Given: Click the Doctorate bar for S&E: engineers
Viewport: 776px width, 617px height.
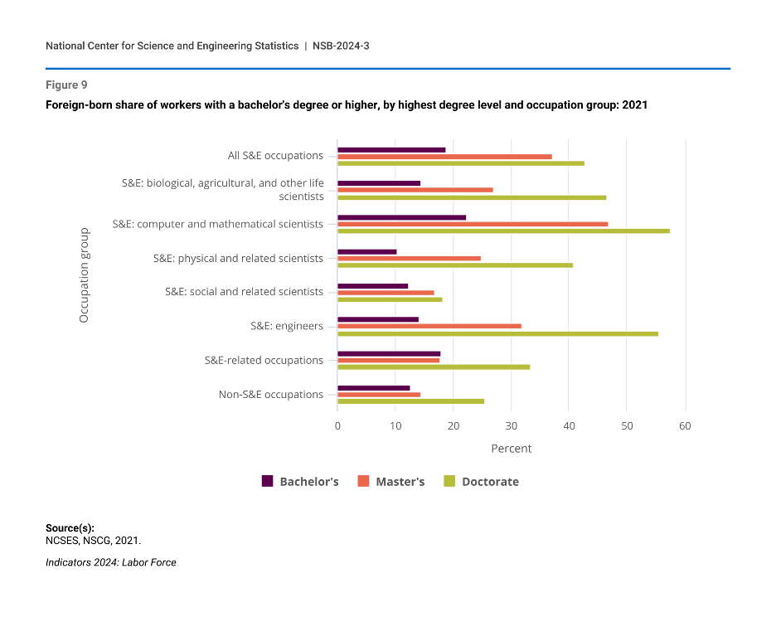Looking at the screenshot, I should tap(497, 333).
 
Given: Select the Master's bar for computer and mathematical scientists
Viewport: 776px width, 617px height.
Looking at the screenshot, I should tap(473, 224).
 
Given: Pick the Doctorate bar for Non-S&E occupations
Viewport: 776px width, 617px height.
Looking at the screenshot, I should tap(410, 401).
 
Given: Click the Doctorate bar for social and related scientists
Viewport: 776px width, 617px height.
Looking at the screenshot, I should tap(390, 299).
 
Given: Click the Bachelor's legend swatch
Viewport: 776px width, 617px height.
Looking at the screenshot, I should tap(268, 481).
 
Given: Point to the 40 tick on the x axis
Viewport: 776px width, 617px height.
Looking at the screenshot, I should tap(569, 425).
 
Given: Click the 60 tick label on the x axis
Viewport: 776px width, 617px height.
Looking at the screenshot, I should tap(685, 425).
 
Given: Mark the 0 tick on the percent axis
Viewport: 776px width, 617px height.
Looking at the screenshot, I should tap(337, 425).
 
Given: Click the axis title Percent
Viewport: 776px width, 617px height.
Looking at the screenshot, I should tap(511, 449).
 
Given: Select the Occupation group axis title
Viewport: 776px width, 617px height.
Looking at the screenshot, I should tap(84, 275).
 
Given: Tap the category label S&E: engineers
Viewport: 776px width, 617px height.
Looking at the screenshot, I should tap(287, 326).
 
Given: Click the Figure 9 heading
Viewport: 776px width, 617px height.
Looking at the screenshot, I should tap(66, 85).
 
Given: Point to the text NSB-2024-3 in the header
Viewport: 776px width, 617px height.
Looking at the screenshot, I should tap(341, 46).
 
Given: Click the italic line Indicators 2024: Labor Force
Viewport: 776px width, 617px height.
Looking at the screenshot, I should tap(111, 562).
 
